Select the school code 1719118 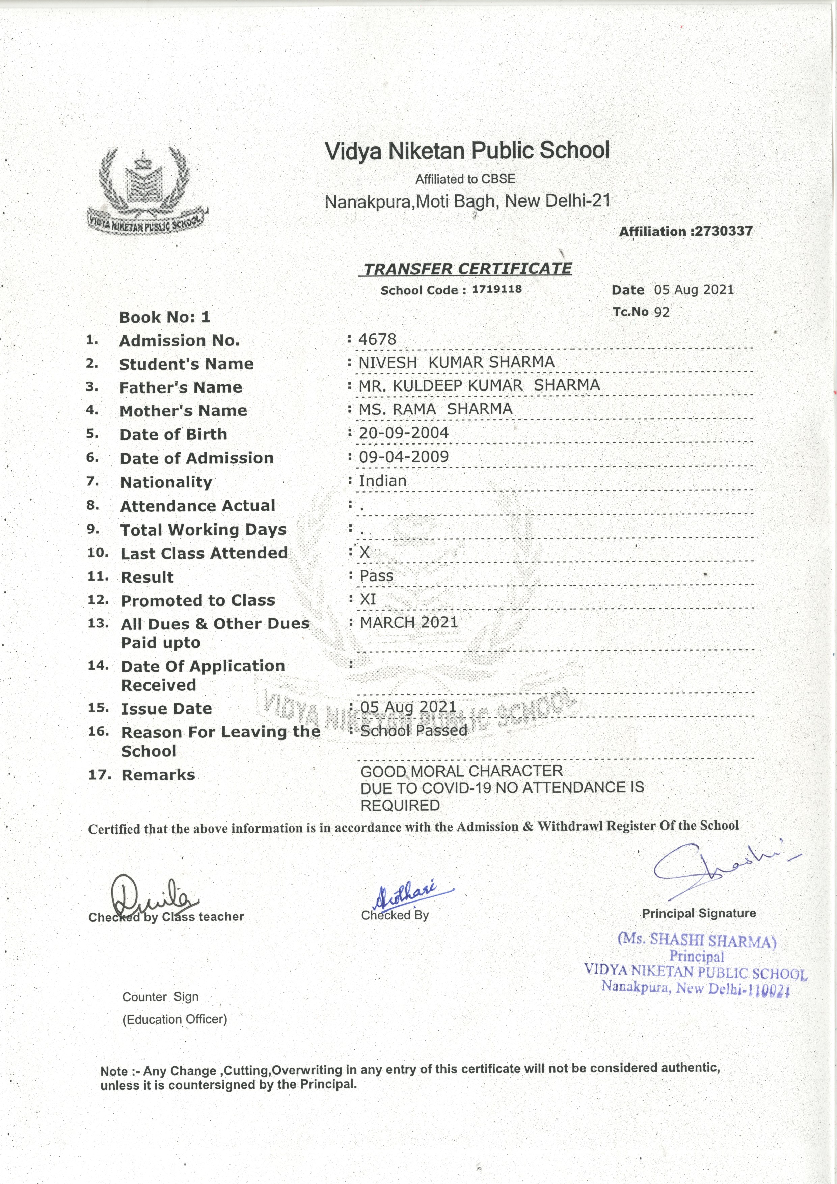(x=496, y=289)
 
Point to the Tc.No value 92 (x=661, y=312)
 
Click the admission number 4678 (x=378, y=339)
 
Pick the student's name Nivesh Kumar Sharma (x=456, y=362)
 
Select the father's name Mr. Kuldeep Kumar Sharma (x=479, y=386)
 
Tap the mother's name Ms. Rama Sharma (x=436, y=409)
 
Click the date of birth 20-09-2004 (x=404, y=433)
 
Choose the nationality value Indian (x=383, y=481)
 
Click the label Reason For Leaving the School (x=221, y=741)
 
